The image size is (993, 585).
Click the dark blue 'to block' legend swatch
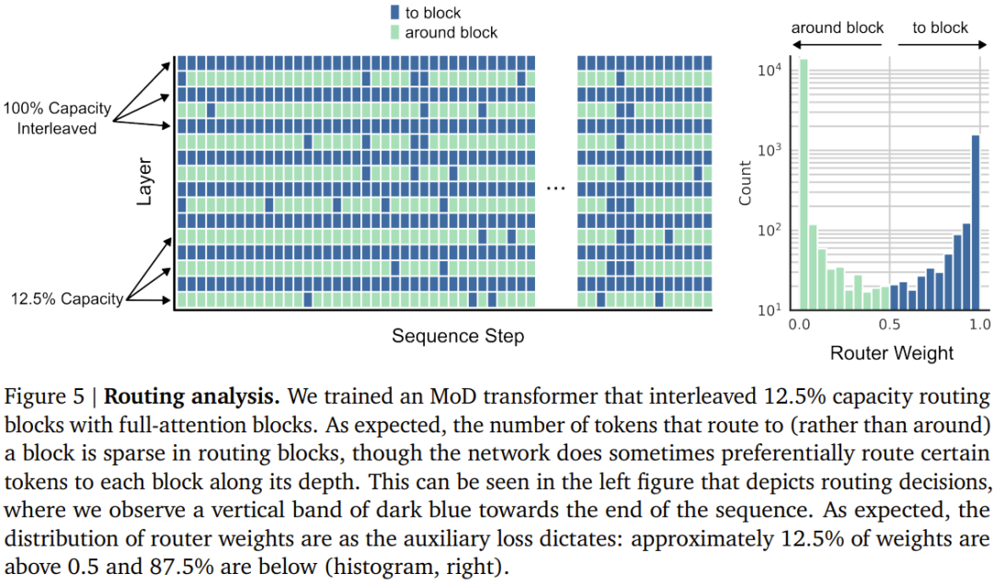pos(394,13)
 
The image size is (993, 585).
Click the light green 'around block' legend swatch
pos(394,32)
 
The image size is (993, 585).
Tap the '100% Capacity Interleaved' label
pos(57,118)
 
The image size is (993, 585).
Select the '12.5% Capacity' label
pos(66,299)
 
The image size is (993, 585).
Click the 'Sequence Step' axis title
pos(458,336)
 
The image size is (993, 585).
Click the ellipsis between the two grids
pos(555,187)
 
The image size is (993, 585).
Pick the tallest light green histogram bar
pos(804,184)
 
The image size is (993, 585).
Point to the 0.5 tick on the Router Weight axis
pos(890,325)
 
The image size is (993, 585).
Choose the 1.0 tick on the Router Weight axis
pos(979,325)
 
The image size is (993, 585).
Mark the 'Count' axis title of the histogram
pos(746,183)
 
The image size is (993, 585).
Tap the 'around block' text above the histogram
pos(837,28)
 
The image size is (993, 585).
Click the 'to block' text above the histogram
pos(940,28)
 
